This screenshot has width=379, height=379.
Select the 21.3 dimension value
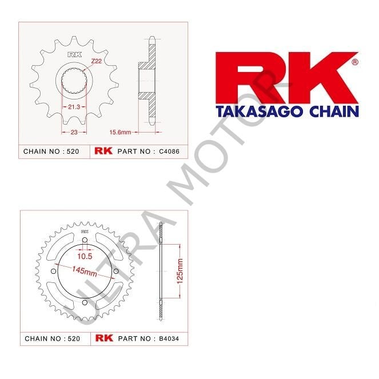pyautogui.click(x=74, y=107)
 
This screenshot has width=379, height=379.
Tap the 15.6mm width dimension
pyautogui.click(x=120, y=131)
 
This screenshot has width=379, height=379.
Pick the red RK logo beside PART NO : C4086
pyautogui.click(x=103, y=152)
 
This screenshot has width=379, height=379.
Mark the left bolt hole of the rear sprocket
pyautogui.click(x=53, y=271)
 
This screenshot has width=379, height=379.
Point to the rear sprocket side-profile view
pyautogui.click(x=161, y=272)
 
